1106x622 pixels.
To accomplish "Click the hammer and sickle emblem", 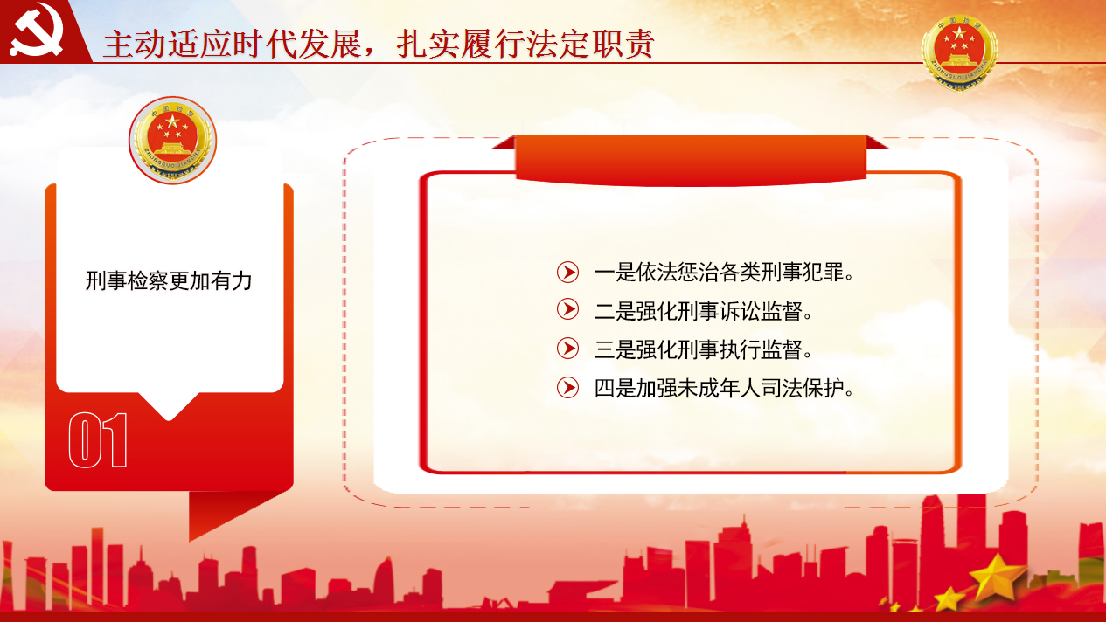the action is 37,31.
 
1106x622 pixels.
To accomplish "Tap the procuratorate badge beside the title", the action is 959,52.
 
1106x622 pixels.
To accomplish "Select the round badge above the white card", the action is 172,140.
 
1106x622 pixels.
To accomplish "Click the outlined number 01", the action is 98,440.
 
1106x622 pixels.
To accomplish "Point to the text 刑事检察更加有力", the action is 169,281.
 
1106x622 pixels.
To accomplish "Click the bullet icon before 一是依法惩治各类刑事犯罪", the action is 567,272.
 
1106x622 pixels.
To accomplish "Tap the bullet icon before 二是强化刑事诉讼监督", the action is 567,309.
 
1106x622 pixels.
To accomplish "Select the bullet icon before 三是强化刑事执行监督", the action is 567,349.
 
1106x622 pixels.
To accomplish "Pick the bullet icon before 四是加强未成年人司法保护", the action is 567,387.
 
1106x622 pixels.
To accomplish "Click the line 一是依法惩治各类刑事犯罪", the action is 724,273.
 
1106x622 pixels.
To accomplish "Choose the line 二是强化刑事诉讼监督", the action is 703,311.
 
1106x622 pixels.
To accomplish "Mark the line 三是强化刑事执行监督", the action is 703,349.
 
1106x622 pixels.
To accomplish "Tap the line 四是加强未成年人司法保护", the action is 724,389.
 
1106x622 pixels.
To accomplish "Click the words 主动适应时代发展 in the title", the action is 232,45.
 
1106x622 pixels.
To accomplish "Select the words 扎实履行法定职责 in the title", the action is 525,45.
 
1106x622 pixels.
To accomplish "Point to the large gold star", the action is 997,577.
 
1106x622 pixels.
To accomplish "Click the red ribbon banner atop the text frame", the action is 690,160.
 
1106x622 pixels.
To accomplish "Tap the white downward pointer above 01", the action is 169,405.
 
